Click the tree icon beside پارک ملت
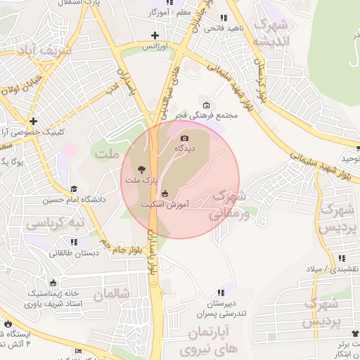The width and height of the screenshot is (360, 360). point(142,169)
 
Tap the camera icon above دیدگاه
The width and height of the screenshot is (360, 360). point(185,139)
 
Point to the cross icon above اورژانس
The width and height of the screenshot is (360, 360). point(155,34)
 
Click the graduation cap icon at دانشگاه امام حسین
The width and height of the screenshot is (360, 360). point(75,188)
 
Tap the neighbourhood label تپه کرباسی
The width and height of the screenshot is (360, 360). point(54,224)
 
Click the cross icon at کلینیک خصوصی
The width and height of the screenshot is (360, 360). point(33,120)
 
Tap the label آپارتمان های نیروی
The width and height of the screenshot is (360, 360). point(210,339)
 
